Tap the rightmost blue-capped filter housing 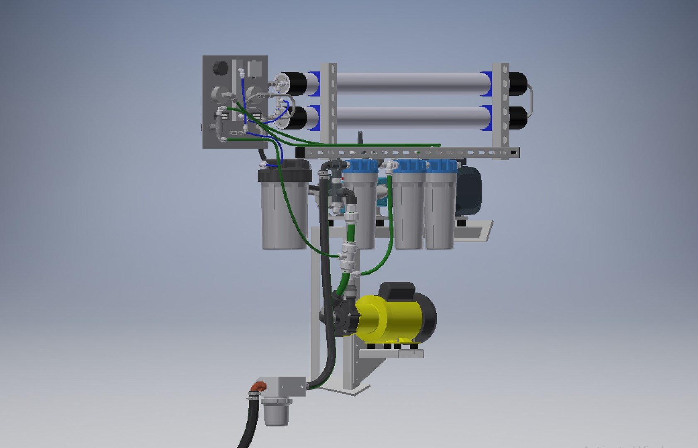click(440, 207)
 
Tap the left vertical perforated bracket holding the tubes click(328, 104)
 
